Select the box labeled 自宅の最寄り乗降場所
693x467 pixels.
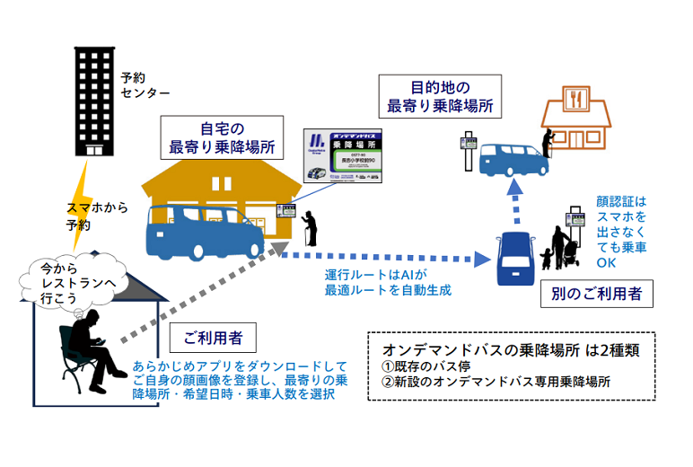[223, 137]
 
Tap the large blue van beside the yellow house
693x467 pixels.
[204, 231]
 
